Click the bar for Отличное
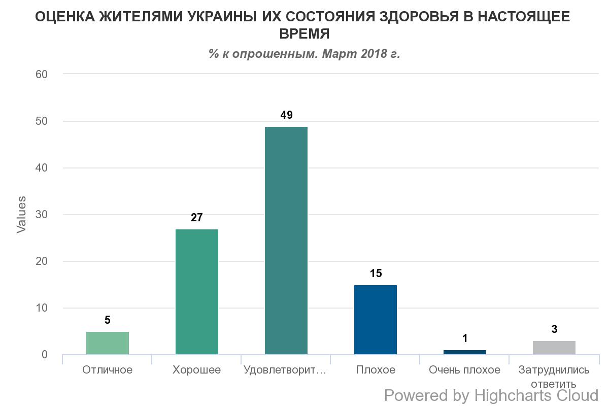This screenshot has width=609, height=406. tap(108, 343)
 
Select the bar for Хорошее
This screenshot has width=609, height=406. tap(197, 292)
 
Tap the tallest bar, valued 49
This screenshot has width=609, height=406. tap(286, 241)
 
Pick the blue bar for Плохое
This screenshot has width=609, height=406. tap(376, 320)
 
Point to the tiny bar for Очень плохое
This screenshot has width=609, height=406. tap(465, 352)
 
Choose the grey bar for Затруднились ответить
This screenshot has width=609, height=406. tap(554, 348)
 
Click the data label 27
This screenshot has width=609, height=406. tap(197, 218)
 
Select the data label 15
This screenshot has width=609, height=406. tap(376, 274)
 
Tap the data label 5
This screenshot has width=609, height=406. tap(108, 320)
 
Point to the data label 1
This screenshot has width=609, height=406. tap(465, 339)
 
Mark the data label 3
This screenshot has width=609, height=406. tap(554, 329)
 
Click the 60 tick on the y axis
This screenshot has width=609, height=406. tap(41, 75)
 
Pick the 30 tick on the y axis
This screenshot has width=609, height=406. tap(41, 215)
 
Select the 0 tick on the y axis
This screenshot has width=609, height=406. tap(45, 355)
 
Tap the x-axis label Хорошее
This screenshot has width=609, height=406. tap(197, 370)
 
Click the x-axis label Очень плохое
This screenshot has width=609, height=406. tap(465, 370)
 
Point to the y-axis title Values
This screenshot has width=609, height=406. tap(21, 214)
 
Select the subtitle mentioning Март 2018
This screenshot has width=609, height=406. tap(304, 53)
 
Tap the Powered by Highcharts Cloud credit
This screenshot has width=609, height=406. tap(491, 395)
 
